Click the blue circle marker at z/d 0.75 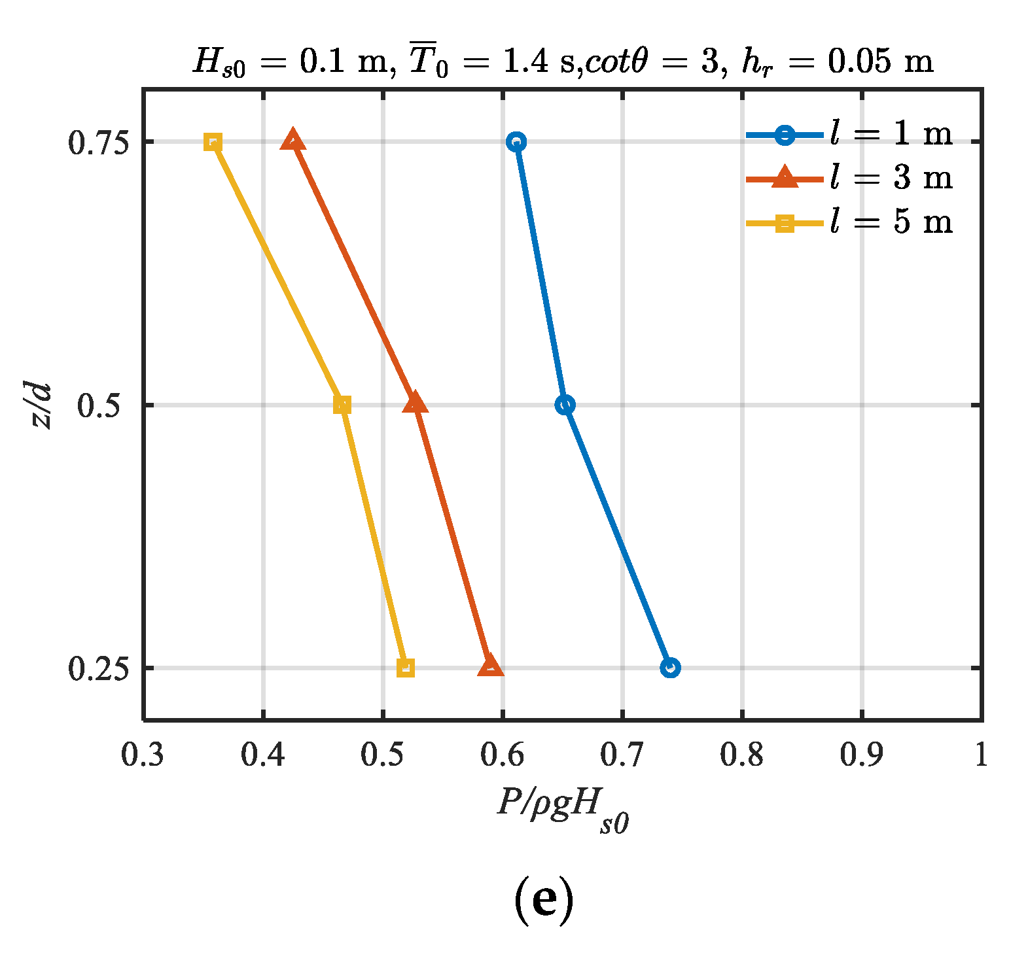click(516, 142)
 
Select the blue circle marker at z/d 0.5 click(565, 405)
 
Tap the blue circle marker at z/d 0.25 click(670, 668)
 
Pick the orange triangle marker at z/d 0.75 click(292, 141)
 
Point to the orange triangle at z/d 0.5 click(415, 403)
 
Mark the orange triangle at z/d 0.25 click(490, 666)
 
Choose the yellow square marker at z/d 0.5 click(342, 405)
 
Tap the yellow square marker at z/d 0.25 click(406, 668)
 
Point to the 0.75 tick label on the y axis click(98, 143)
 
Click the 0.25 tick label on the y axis click(98, 669)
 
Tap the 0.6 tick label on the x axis click(502, 755)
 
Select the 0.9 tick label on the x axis click(861, 755)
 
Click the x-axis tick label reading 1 click(980, 755)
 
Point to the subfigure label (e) click(544, 902)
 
